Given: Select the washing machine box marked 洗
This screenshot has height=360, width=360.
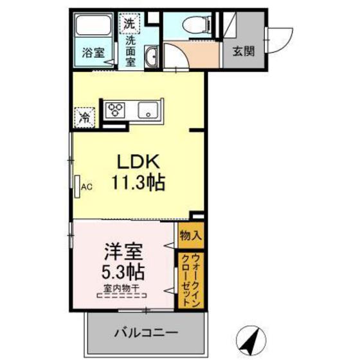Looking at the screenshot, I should (x=130, y=23).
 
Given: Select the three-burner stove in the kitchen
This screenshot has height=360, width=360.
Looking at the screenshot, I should (x=117, y=109).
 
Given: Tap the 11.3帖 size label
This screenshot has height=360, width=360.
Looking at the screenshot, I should (x=137, y=183).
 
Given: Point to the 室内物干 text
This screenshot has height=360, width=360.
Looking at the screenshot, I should (x=122, y=288).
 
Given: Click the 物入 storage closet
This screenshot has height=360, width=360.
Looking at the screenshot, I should (x=190, y=236).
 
